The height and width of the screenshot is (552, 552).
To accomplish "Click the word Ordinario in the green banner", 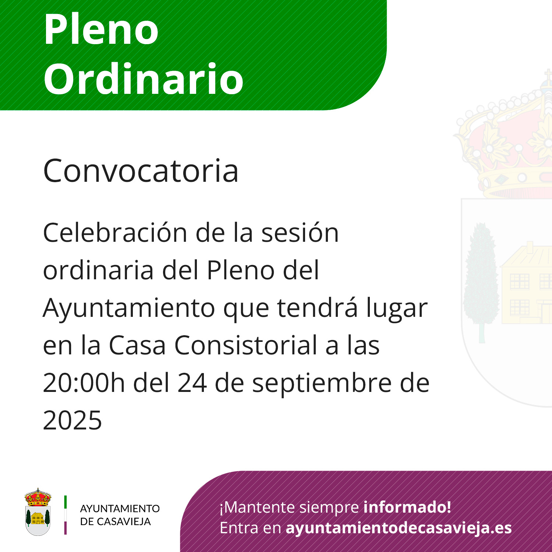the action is pyautogui.click(x=144, y=78).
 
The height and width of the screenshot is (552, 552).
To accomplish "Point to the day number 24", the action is pyautogui.click(x=192, y=383).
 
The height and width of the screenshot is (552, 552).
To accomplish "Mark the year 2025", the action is pyautogui.click(x=72, y=420).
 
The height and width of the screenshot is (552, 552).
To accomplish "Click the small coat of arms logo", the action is pyautogui.click(x=38, y=512).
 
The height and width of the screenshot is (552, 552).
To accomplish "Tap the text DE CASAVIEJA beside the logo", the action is pyautogui.click(x=116, y=521).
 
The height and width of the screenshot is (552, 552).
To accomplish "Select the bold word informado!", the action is pyautogui.click(x=407, y=507).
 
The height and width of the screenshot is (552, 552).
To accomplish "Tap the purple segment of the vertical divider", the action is pyautogui.click(x=66, y=528).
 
